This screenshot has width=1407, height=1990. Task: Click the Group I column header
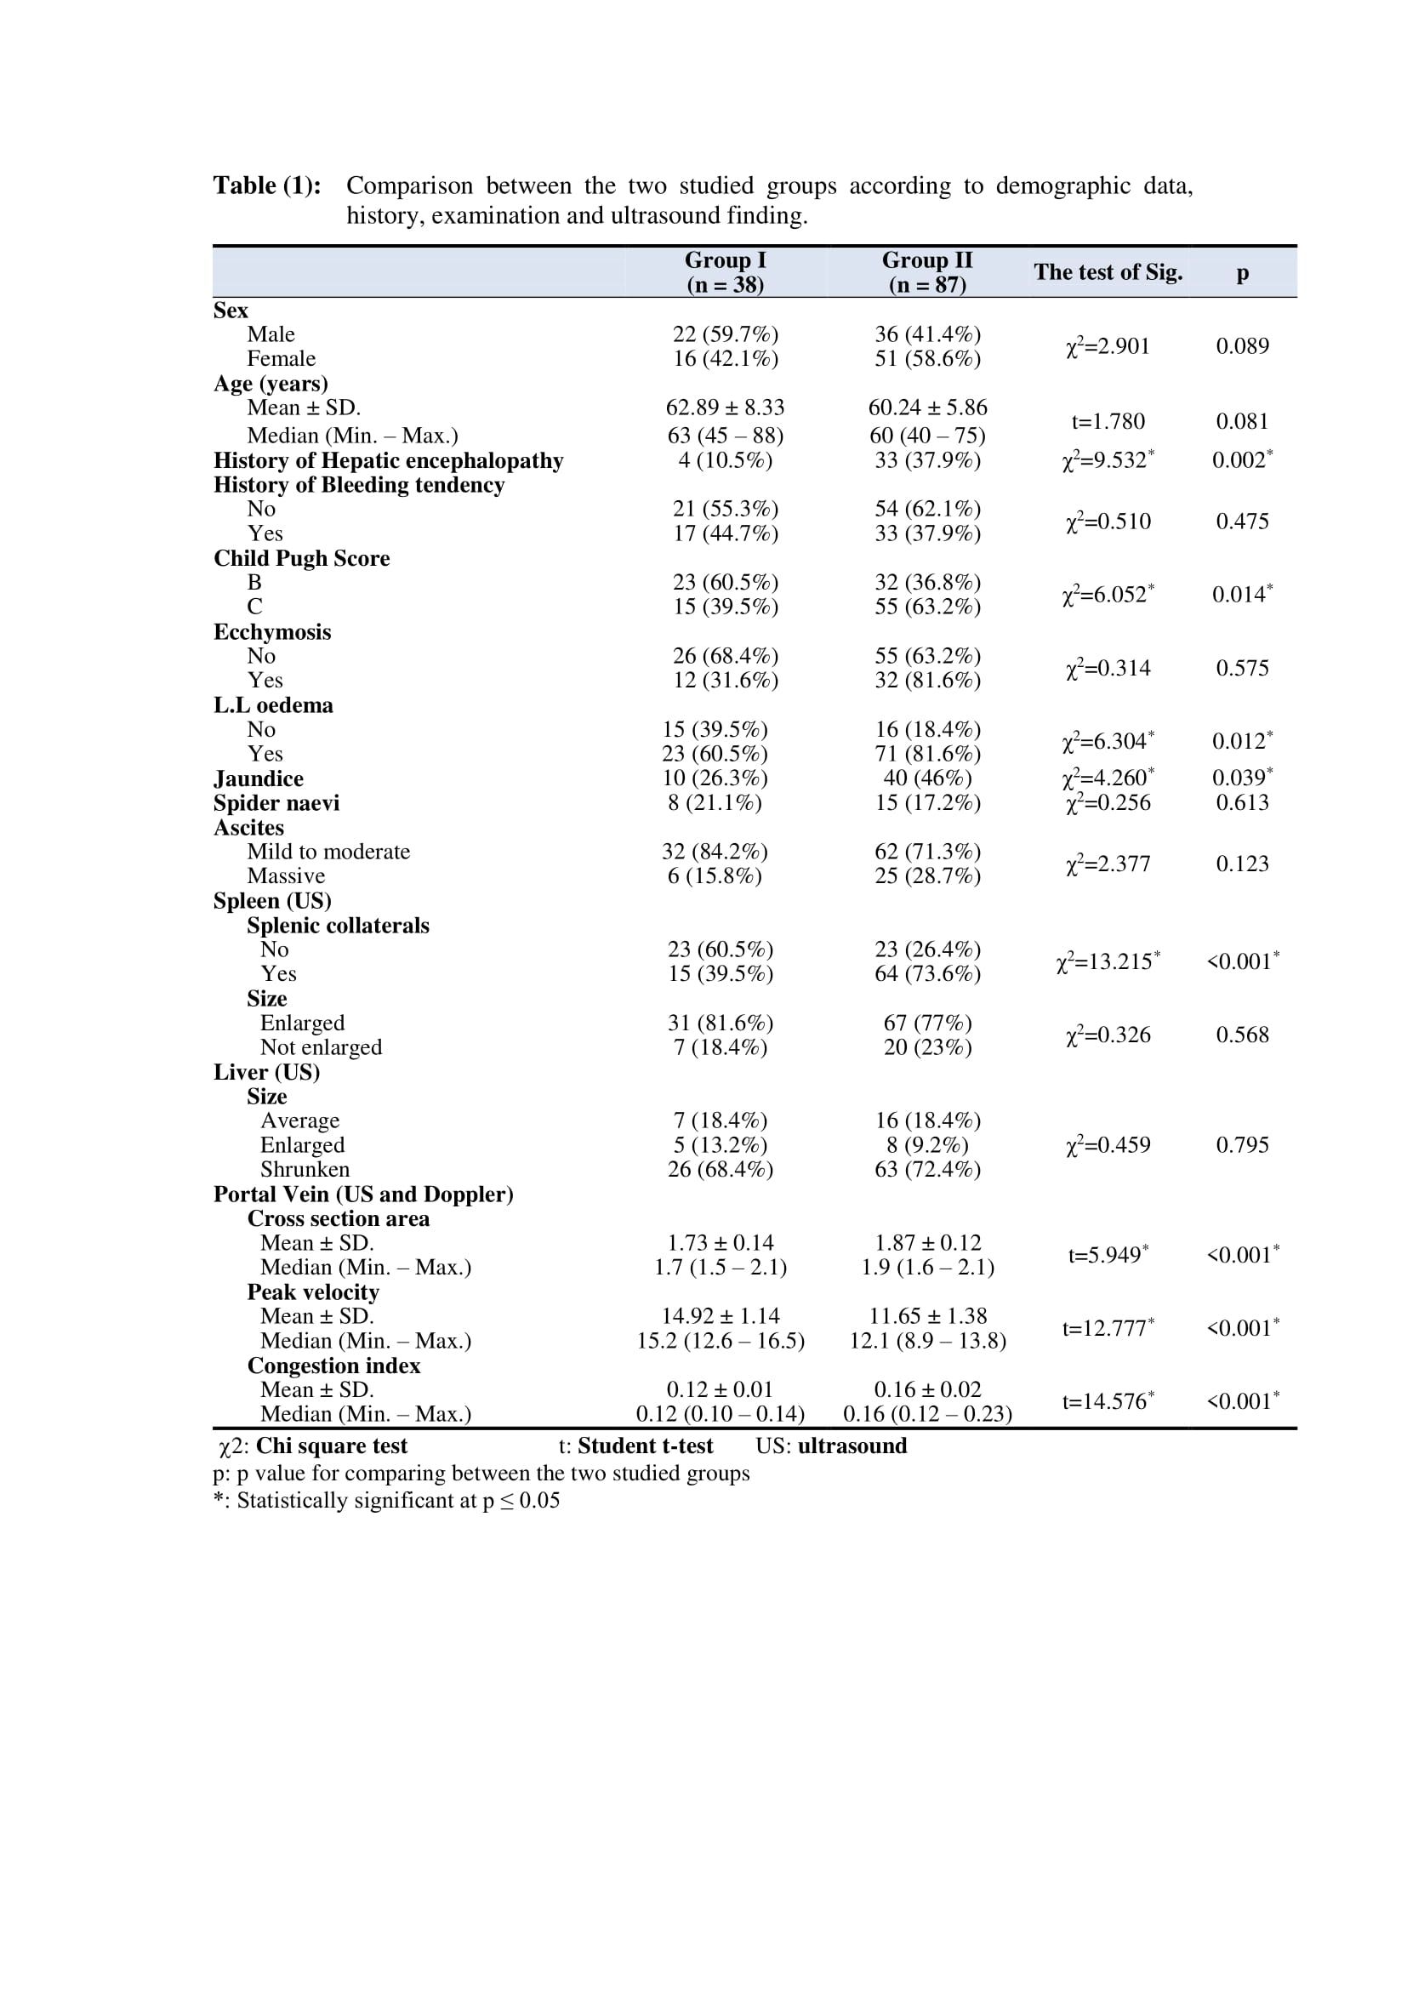pyautogui.click(x=725, y=272)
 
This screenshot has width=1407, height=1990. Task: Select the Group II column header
pyautogui.click(x=927, y=272)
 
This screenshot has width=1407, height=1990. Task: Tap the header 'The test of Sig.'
pyautogui.click(x=1108, y=272)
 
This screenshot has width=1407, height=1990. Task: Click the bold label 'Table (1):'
pyautogui.click(x=267, y=185)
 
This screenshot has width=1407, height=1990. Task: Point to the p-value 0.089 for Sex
pyautogui.click(x=1242, y=346)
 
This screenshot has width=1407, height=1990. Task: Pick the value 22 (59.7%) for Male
pyautogui.click(x=725, y=334)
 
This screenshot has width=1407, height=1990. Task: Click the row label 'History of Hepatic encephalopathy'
pyautogui.click(x=388, y=460)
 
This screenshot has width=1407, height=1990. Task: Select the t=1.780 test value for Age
pyautogui.click(x=1108, y=422)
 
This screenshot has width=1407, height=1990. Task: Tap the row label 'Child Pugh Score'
pyautogui.click(x=301, y=558)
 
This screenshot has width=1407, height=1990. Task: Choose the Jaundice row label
pyautogui.click(x=259, y=778)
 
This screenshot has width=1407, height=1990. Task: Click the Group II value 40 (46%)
pyautogui.click(x=927, y=778)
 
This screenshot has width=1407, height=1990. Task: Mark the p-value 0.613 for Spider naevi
pyautogui.click(x=1242, y=802)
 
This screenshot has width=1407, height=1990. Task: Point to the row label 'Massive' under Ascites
pyautogui.click(x=286, y=876)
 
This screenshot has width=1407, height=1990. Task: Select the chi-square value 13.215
pyautogui.click(x=1108, y=962)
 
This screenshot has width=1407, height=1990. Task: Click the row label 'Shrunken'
pyautogui.click(x=305, y=1169)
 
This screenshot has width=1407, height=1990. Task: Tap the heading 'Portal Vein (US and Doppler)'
pyautogui.click(x=363, y=1195)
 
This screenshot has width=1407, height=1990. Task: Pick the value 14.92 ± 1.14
pyautogui.click(x=721, y=1316)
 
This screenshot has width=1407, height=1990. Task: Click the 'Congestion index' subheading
pyautogui.click(x=333, y=1366)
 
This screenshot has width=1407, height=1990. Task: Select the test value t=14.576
pyautogui.click(x=1108, y=1402)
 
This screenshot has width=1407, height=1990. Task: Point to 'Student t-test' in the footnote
pyautogui.click(x=646, y=1446)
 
